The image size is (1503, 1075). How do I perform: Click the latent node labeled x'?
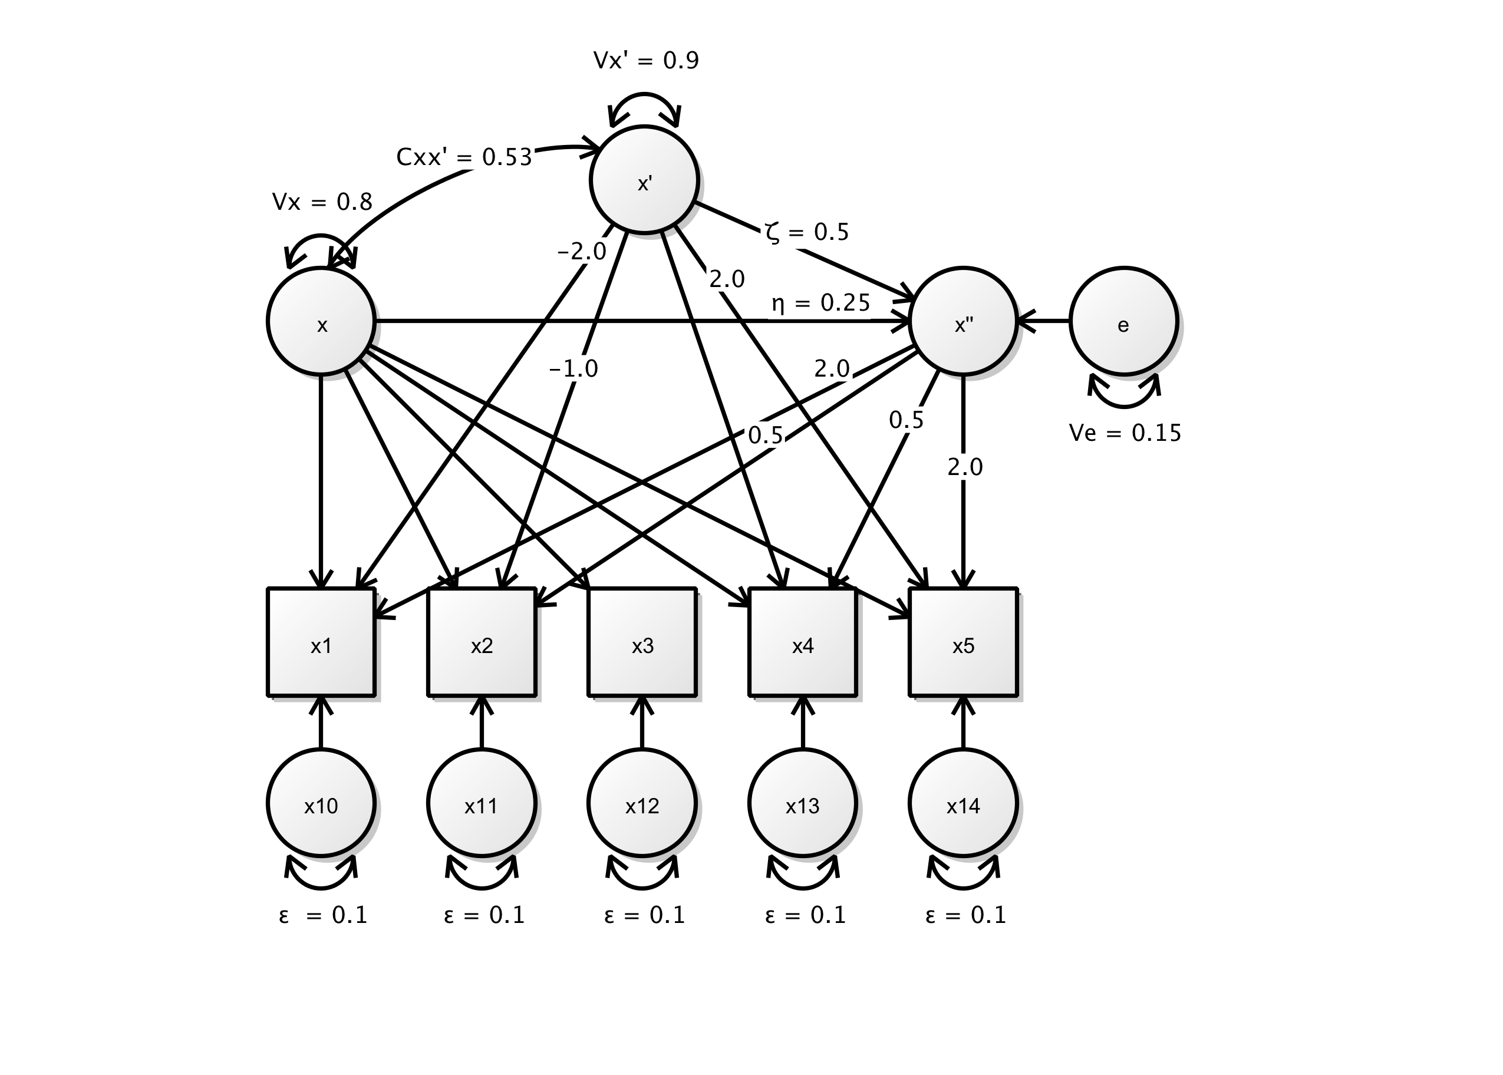click(x=644, y=179)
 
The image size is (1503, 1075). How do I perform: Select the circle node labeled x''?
click(x=963, y=322)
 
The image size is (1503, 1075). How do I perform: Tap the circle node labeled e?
click(x=1123, y=322)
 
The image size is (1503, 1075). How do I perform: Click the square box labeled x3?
click(x=642, y=642)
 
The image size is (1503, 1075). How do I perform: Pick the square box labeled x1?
click(x=321, y=642)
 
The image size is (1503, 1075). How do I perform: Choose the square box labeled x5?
click(x=963, y=642)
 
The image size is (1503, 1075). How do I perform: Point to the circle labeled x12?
click(x=642, y=803)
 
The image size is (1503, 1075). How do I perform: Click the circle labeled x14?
click(x=963, y=803)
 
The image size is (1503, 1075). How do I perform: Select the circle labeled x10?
click(x=321, y=803)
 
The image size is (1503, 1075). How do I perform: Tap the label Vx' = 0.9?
click(x=646, y=61)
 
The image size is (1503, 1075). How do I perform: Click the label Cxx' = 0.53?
click(x=464, y=157)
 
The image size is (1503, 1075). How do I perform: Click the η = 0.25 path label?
click(x=820, y=303)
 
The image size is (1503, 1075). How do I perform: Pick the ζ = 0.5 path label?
click(x=807, y=232)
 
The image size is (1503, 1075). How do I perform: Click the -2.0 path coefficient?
click(x=582, y=252)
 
